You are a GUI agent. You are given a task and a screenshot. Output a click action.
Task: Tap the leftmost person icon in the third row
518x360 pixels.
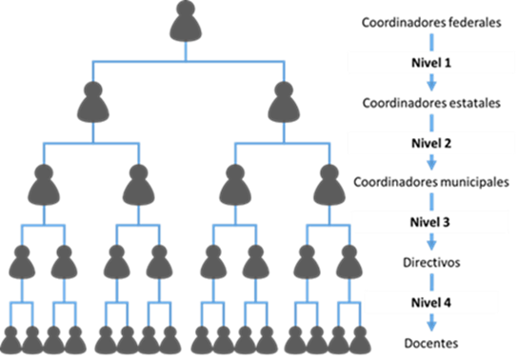point(45,182)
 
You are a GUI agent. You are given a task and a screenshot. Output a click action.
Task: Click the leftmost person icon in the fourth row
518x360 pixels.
point(21,263)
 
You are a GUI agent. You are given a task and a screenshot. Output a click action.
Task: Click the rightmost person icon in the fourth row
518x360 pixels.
point(349,263)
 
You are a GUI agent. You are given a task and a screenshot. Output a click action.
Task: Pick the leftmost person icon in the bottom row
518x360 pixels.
point(11,338)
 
